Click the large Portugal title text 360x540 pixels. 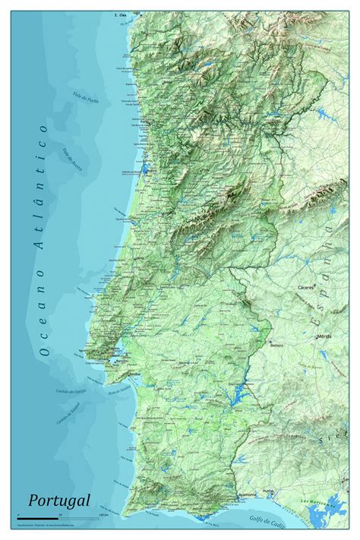coord(59,501)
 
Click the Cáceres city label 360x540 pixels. coord(307,288)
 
